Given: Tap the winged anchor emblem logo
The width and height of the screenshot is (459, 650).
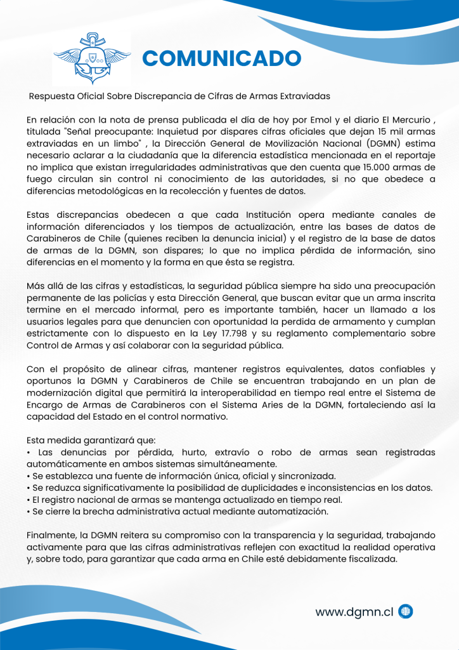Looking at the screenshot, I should point(92,58).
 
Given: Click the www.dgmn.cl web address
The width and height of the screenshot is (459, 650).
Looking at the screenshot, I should point(354,612).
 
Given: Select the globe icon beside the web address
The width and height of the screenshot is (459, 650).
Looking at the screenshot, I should point(406,612).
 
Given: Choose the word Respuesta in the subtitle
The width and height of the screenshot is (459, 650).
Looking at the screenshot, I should point(53,96).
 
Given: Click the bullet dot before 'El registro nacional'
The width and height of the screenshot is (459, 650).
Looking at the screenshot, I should point(29,500).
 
